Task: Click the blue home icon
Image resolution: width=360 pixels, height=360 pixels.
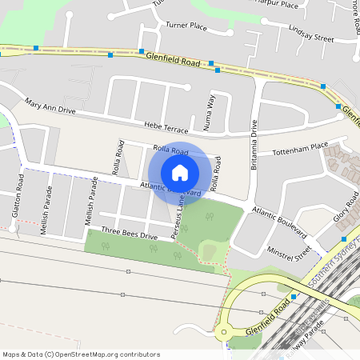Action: (x=180, y=173)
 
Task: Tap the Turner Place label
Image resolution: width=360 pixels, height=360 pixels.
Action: (x=186, y=26)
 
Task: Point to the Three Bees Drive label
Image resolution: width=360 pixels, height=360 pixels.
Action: (x=130, y=234)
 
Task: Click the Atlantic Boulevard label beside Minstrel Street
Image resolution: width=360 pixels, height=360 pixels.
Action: (x=279, y=221)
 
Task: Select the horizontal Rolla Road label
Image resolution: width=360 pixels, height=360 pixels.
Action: (x=170, y=151)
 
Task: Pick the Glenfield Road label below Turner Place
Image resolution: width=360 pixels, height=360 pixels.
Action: (x=173, y=59)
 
